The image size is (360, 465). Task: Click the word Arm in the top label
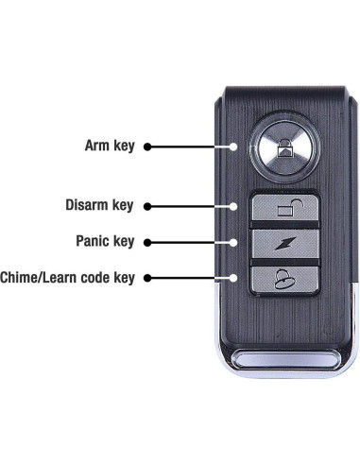[x=97, y=146]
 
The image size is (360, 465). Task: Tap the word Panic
[x=96, y=241]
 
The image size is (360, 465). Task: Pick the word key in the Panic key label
[x=126, y=241]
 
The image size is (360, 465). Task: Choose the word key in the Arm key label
[x=126, y=146]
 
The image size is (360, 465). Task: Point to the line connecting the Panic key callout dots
[x=194, y=241]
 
